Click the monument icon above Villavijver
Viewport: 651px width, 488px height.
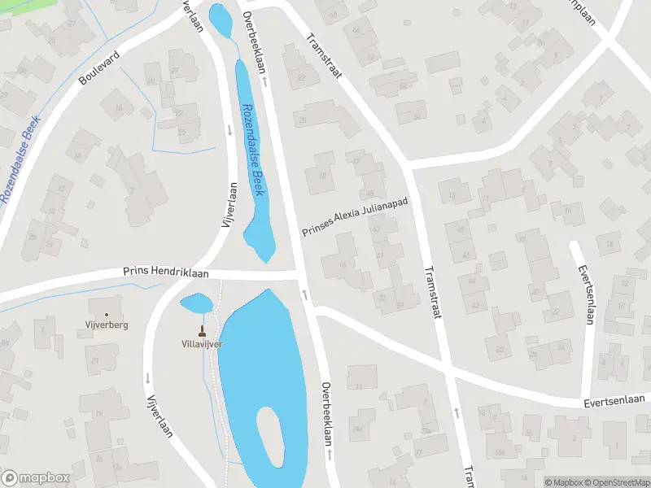[x=202, y=331]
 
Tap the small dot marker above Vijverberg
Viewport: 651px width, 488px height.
[x=107, y=314]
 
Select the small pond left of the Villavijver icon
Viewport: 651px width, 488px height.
[x=195, y=304]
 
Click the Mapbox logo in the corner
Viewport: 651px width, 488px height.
[x=36, y=477]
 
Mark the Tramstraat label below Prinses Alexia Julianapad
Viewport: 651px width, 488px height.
[x=430, y=292]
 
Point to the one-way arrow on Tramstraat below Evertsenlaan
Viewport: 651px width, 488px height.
[x=457, y=412]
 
